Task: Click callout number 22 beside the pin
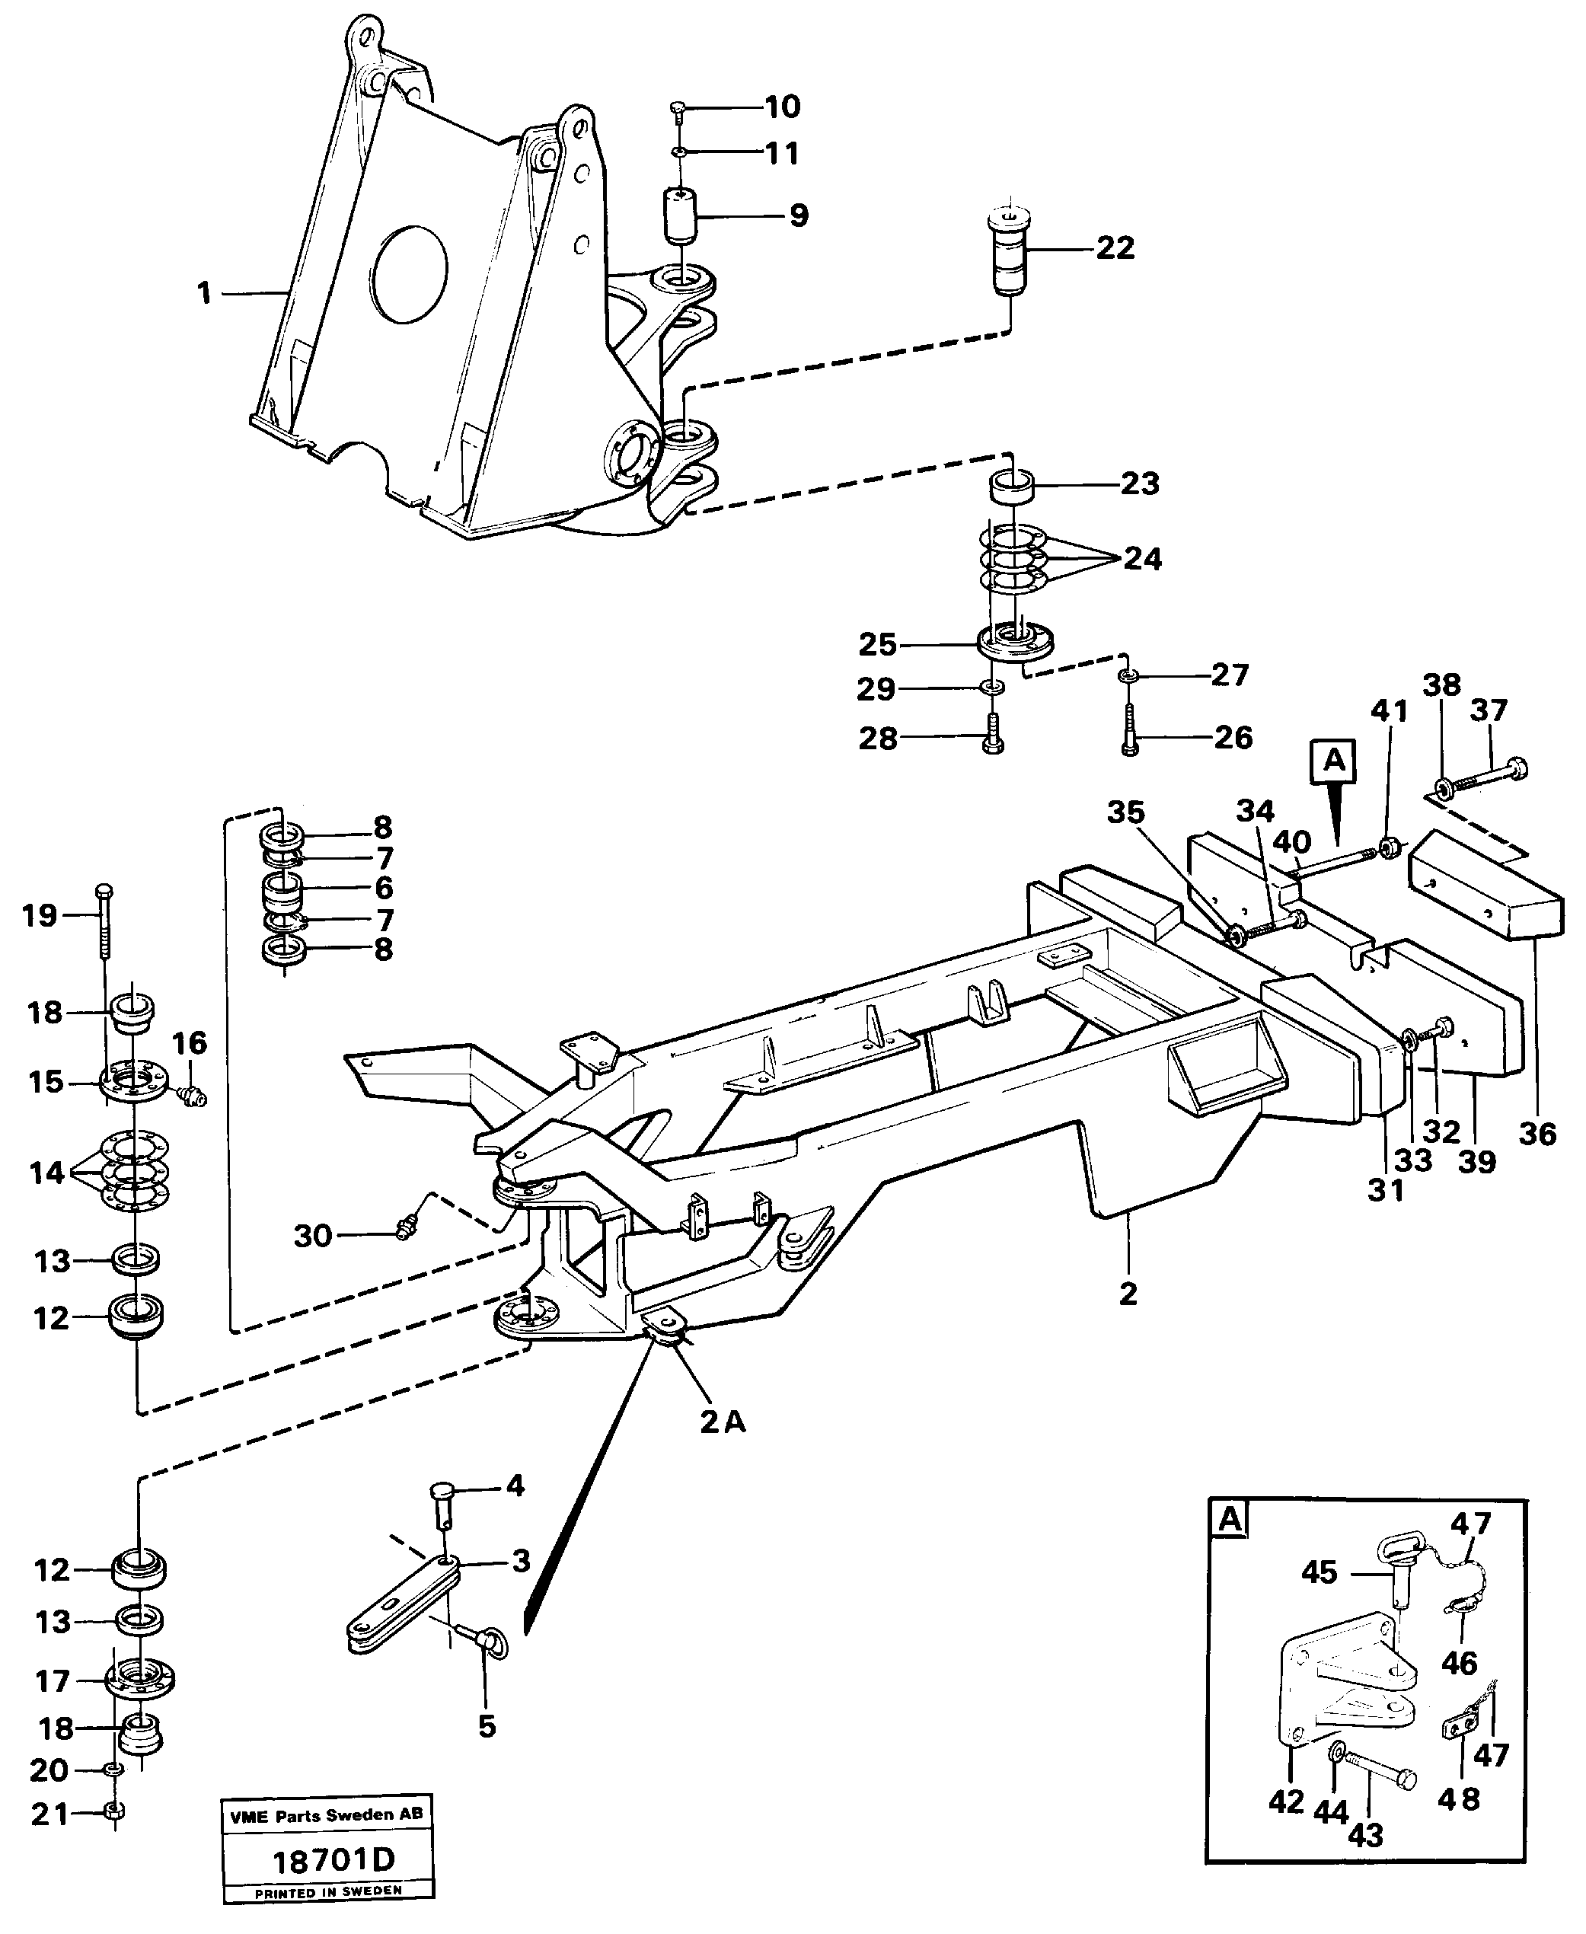(x=1115, y=247)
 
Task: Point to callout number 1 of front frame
(x=204, y=293)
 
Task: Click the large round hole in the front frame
(x=410, y=274)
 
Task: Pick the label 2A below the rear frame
(x=722, y=1422)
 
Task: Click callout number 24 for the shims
(x=1142, y=558)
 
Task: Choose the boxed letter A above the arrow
(x=1333, y=760)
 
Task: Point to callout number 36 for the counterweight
(x=1537, y=1134)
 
